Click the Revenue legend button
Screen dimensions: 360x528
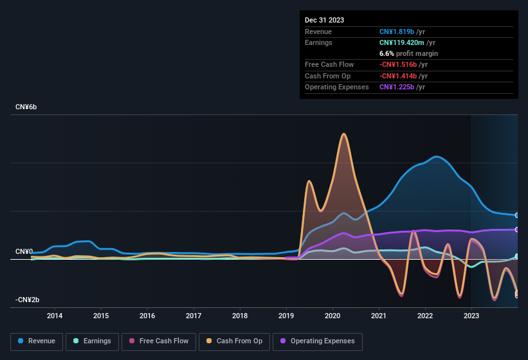point(37,341)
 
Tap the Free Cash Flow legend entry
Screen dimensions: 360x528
point(158,341)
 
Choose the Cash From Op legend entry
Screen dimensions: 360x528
point(235,341)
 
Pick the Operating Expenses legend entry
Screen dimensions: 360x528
point(318,341)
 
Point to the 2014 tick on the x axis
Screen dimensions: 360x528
point(55,316)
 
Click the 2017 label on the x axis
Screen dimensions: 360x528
point(194,316)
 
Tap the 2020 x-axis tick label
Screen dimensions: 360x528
point(332,316)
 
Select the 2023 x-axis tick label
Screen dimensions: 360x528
point(471,316)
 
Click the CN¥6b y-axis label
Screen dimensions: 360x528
point(26,107)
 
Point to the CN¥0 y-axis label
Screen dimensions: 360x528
point(24,251)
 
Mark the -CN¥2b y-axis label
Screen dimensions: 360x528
point(27,300)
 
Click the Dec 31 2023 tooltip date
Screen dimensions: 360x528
point(324,20)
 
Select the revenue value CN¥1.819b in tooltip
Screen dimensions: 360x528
point(401,32)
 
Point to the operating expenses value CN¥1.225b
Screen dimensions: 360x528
point(401,87)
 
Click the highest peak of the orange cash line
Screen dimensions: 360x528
point(344,134)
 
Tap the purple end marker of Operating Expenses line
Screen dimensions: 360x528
point(516,230)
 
